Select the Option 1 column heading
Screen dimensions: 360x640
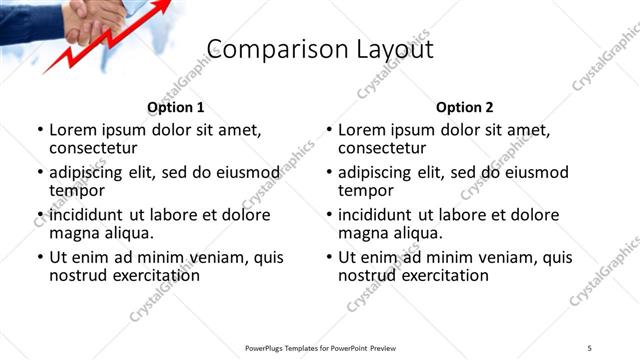(x=175, y=107)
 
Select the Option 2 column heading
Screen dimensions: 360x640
(x=464, y=107)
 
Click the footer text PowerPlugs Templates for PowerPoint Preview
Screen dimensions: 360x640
(x=320, y=347)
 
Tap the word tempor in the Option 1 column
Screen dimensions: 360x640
(x=77, y=189)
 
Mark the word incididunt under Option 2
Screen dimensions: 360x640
(x=384, y=215)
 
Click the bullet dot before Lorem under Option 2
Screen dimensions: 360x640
(x=329, y=130)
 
